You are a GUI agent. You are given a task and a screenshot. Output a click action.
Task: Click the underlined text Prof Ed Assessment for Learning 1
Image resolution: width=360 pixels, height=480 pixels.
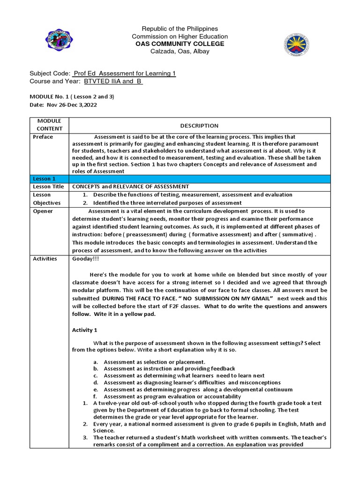pos(124,74)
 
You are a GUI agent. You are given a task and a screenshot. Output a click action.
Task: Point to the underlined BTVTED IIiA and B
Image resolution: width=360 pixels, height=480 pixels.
pos(113,82)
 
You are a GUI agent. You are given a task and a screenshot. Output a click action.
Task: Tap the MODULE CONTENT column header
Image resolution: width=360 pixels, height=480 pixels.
pos(50,125)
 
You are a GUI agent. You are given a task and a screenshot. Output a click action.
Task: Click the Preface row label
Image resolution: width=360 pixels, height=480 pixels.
pos(43,137)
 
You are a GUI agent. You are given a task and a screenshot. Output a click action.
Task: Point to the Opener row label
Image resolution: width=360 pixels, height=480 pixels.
pos(43,211)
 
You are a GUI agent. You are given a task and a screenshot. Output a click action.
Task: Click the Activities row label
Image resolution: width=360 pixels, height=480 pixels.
pos(45,259)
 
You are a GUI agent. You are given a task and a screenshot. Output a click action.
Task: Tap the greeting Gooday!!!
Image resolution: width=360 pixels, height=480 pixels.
pos(85,259)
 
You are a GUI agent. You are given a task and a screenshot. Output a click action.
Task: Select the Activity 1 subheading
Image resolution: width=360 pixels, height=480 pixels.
pos(85,330)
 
